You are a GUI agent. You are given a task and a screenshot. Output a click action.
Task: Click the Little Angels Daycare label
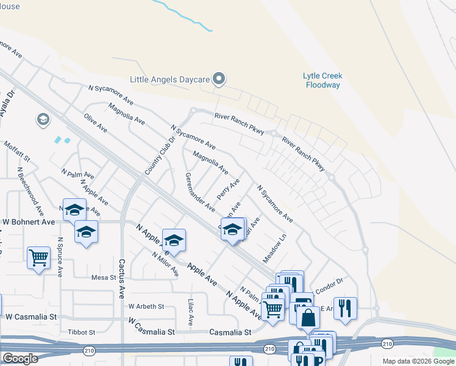pyautogui.click(x=169, y=79)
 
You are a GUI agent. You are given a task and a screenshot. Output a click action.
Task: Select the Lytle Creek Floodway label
pyautogui.click(x=322, y=81)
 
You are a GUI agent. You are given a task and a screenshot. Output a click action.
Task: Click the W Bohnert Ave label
pyautogui.click(x=30, y=221)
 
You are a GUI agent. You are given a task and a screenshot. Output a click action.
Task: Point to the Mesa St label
pyautogui.click(x=103, y=278)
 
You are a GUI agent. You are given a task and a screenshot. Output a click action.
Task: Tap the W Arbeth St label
pyautogui.click(x=146, y=306)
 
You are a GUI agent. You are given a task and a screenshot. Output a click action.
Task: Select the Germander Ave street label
pyautogui.click(x=200, y=192)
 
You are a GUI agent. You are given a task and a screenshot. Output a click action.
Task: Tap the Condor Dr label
pyautogui.click(x=332, y=282)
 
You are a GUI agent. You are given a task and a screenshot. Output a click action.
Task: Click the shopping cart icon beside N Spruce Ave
pyautogui.click(x=38, y=258)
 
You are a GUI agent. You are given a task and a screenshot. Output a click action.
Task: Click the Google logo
pyautogui.click(x=20, y=359)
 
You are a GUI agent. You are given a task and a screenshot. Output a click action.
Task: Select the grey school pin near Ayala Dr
pyautogui.click(x=43, y=120)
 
